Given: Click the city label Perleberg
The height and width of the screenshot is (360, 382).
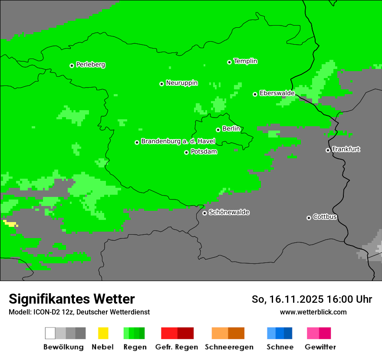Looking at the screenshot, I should click(90, 65).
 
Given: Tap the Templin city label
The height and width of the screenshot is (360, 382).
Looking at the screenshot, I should click(245, 61).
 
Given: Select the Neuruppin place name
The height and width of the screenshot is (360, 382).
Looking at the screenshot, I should click(181, 83).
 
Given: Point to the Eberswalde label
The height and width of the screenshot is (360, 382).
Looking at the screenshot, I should click(277, 93).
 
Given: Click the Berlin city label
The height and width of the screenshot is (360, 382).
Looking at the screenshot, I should click(231, 129).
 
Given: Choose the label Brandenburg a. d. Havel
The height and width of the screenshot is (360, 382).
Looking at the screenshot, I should click(178, 141).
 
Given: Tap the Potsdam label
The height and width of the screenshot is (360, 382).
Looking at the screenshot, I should click(204, 152).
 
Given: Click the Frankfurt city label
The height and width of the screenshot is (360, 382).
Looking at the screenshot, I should click(346, 149).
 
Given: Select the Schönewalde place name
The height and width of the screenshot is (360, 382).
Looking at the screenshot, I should click(229, 212).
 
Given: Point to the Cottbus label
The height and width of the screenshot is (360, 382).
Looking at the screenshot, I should click(325, 217).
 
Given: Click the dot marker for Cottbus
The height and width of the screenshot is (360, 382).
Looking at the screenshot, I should click(309, 218).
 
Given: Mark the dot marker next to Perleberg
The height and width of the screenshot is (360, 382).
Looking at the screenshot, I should click(72, 65).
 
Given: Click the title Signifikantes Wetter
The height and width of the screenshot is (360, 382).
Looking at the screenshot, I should click(72, 299).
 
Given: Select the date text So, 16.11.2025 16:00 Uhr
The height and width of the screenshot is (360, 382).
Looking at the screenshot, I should click(312, 299).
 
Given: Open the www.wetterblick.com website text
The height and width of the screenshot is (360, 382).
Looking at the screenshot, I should click(313, 312).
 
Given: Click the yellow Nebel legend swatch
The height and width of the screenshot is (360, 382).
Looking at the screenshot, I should click(103, 333).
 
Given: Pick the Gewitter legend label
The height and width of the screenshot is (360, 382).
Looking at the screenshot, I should click(320, 347).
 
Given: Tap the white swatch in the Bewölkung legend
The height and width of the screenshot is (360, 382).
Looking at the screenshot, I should click(50, 333).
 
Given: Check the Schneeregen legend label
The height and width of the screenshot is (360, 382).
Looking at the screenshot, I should click(229, 347).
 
